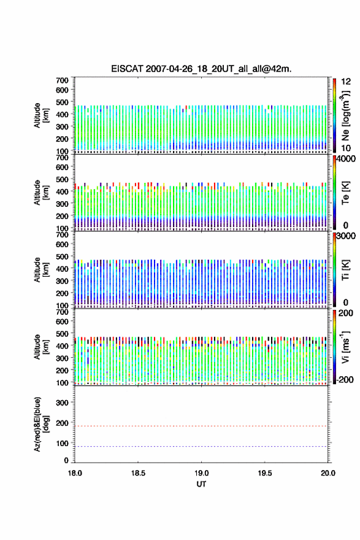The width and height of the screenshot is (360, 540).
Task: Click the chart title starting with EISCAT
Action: pos(201,69)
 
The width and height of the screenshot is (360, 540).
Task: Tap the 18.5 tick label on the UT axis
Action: pos(138,473)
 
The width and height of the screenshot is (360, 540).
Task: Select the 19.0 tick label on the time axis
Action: pos(201,473)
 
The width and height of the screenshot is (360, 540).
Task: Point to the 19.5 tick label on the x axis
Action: pos(265,473)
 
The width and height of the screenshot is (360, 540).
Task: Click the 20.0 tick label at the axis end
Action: pos(327,473)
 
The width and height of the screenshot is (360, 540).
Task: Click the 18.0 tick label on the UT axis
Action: pos(75,473)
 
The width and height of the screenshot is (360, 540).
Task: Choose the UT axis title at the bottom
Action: pos(201,484)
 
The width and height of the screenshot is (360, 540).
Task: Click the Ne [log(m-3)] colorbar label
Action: pos(345,116)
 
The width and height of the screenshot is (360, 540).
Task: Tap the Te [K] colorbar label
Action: pos(345,193)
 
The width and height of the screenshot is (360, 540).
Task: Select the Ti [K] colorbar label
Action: pos(345,270)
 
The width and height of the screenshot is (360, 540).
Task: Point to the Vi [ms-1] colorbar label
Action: pos(345,347)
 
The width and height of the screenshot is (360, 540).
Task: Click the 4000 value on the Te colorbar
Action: pos(346,159)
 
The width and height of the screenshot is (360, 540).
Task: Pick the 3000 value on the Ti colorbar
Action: pos(346,236)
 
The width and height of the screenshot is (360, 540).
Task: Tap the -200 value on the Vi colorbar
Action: pos(345,379)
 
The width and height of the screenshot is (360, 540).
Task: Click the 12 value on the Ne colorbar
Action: pos(346,82)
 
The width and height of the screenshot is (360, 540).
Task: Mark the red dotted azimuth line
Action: pos(201,426)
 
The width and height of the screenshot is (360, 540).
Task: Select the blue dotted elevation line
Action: pos(201,446)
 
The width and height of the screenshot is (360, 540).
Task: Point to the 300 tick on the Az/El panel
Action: pos(62,403)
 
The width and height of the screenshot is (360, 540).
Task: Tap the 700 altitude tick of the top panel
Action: pos(62,80)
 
